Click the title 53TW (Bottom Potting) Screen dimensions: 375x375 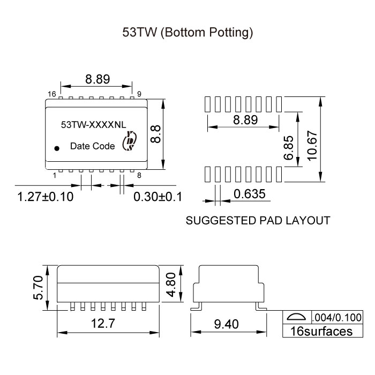click(x=187, y=33)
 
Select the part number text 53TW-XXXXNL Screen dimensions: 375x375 click(x=94, y=125)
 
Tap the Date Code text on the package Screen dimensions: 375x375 click(x=93, y=146)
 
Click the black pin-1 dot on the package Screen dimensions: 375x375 click(x=56, y=148)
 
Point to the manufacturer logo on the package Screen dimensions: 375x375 click(x=130, y=141)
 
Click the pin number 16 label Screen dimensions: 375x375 click(x=51, y=94)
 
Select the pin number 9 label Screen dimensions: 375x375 click(x=139, y=94)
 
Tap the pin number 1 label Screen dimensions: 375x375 click(x=55, y=175)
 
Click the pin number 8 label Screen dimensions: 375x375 click(x=139, y=175)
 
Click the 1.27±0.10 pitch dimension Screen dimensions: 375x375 click(x=45, y=197)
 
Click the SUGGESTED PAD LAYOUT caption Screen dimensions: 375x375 click(x=257, y=220)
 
